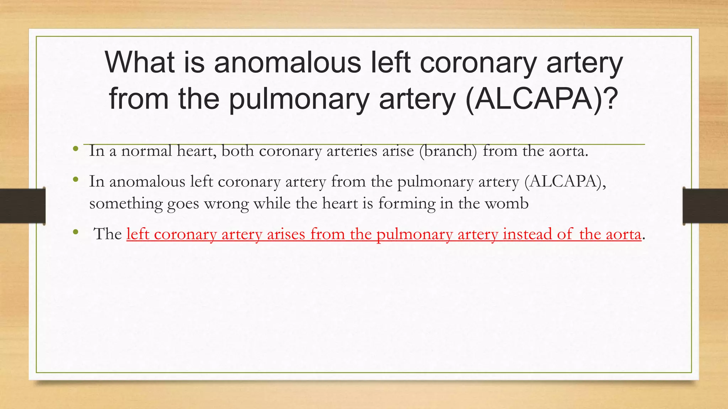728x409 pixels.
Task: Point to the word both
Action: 237,151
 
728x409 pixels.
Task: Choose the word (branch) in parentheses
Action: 448,151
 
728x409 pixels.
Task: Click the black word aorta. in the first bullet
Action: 569,151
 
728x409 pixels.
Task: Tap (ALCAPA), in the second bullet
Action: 565,182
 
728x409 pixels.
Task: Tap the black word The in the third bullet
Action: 108,234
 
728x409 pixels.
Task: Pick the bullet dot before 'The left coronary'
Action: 75,232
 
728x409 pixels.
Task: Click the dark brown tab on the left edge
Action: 22,206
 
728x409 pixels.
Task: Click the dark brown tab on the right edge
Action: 705,206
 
